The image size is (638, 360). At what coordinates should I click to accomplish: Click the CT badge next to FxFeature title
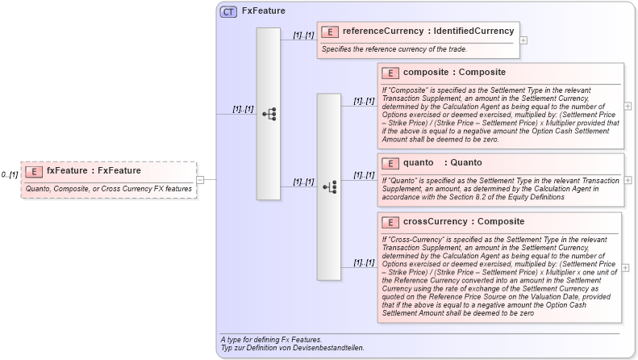click(228, 12)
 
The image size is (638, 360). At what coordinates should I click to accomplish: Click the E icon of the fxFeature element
click(34, 171)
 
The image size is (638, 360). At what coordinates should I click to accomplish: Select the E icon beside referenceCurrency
click(329, 31)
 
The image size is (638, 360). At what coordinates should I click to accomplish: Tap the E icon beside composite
click(390, 73)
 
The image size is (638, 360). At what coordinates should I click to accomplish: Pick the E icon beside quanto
click(390, 163)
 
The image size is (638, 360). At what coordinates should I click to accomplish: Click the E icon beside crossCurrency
click(390, 222)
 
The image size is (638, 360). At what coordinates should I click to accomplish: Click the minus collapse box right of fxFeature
click(201, 180)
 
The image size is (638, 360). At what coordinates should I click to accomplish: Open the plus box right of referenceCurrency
click(523, 40)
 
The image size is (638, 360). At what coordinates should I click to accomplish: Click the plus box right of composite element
click(628, 106)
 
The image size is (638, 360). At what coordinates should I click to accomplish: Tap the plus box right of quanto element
click(628, 180)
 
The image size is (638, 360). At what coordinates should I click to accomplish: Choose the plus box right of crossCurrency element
click(628, 267)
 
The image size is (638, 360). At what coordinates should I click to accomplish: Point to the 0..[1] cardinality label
click(10, 174)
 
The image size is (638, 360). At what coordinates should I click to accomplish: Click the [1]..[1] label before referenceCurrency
click(303, 35)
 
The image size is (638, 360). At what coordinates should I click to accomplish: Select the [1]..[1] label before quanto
click(364, 175)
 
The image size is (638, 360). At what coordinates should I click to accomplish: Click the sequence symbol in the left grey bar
click(269, 114)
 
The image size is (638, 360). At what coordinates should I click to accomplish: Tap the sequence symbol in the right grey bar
click(329, 186)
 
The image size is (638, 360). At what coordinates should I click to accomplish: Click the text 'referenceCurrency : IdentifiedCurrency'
click(427, 31)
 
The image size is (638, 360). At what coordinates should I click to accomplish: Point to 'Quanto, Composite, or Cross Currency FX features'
click(109, 189)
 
